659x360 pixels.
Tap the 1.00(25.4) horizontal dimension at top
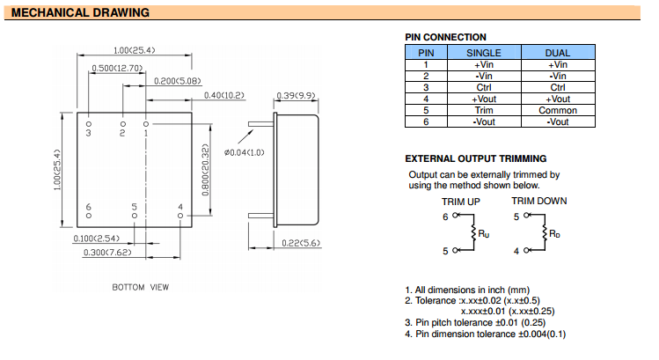(x=134, y=50)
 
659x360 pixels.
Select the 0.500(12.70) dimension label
(x=118, y=67)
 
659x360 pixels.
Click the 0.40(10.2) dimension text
(x=223, y=95)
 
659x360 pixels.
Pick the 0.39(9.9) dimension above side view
(x=296, y=95)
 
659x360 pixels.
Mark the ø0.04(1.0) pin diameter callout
(x=244, y=153)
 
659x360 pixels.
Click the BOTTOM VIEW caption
(x=140, y=287)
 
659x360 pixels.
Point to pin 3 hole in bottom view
(x=89, y=125)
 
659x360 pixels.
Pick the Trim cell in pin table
(x=483, y=110)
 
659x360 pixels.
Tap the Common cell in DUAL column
(x=557, y=110)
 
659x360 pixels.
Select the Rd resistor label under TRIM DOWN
(x=554, y=233)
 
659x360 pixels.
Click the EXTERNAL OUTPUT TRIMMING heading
(x=475, y=158)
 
